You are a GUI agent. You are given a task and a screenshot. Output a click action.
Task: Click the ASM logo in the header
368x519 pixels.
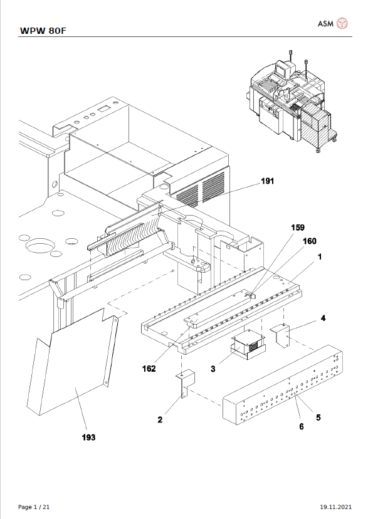[x=332, y=24]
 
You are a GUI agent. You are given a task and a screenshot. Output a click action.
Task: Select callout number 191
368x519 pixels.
[x=268, y=182]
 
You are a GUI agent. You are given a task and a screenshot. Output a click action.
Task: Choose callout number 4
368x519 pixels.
[x=323, y=318]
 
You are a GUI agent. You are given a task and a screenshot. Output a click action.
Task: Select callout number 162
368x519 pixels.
[x=149, y=369]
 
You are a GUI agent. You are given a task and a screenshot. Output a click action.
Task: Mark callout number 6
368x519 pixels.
[x=301, y=426]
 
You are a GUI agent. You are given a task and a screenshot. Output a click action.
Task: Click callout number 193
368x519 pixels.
[x=88, y=437]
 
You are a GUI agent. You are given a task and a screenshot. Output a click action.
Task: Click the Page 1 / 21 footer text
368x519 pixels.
[x=34, y=506]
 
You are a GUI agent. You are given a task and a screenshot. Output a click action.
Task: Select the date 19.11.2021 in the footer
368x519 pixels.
[x=335, y=506]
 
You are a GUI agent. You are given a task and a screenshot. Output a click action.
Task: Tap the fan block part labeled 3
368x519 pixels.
[x=248, y=345]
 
